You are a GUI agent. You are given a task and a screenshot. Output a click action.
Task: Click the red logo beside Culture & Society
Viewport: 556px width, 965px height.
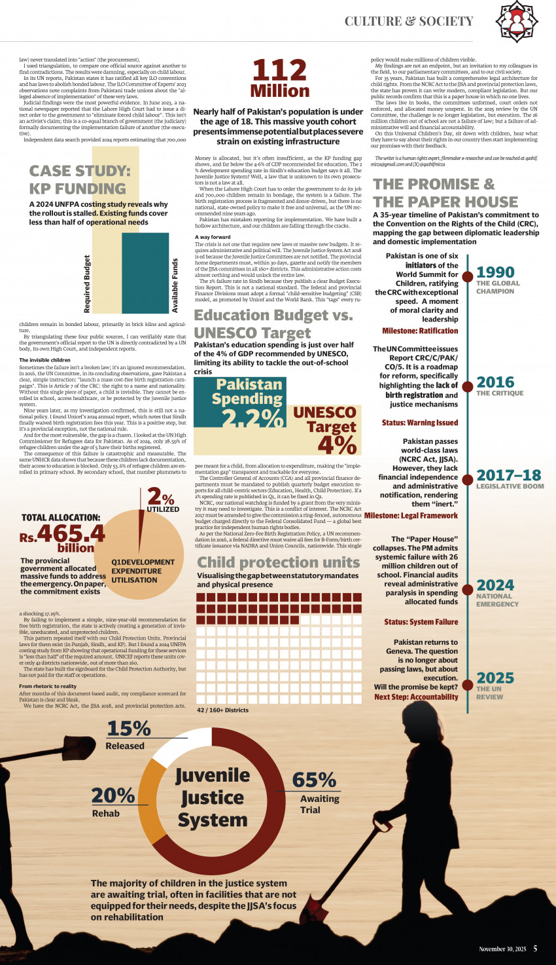click(x=516, y=21)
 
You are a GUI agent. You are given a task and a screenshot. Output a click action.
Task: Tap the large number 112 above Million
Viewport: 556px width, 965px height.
click(x=279, y=71)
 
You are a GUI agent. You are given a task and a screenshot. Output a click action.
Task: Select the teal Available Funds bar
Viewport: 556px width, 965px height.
click(x=145, y=273)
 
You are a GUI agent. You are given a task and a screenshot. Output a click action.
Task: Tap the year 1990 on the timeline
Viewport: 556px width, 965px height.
click(x=495, y=272)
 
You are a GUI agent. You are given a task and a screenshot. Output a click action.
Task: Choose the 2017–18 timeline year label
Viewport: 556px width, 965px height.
click(x=508, y=475)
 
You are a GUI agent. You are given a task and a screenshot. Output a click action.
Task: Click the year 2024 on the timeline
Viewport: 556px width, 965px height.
click(x=495, y=585)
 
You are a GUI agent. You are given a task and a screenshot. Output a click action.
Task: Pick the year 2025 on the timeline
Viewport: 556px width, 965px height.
click(x=495, y=678)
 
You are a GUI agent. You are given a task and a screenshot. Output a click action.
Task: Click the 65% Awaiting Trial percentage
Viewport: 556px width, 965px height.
click(x=314, y=780)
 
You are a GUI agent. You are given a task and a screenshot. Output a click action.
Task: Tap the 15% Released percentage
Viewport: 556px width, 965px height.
click(x=128, y=728)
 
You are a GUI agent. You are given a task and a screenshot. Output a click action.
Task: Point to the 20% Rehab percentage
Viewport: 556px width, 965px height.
click(x=113, y=795)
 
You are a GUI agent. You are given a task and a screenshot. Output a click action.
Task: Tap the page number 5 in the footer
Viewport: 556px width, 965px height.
click(x=535, y=949)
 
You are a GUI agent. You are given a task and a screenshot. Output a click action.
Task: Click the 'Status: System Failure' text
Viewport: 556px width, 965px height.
click(x=421, y=622)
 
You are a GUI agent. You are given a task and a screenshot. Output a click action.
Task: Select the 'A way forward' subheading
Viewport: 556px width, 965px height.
click(x=213, y=237)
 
